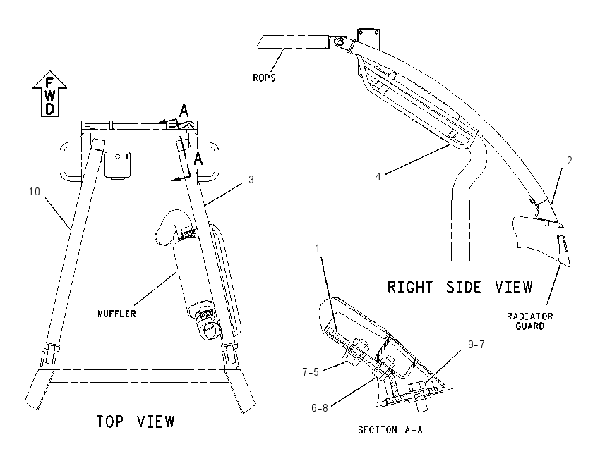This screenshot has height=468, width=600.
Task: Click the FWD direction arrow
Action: click(49, 94)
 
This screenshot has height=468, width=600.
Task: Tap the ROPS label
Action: click(264, 78)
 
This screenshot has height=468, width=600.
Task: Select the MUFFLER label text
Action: click(116, 314)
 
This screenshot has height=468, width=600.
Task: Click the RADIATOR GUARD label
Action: click(530, 321)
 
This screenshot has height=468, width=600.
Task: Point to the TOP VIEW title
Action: click(135, 421)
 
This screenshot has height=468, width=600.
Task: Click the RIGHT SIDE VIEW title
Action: click(460, 287)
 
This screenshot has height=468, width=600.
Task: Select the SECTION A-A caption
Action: click(390, 430)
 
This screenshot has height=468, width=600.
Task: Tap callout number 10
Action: click(34, 192)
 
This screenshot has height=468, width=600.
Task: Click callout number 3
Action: click(251, 180)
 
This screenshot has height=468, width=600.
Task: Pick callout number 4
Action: click(378, 177)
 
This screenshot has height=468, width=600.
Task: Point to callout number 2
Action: click(570, 161)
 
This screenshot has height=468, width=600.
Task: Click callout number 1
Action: click(317, 248)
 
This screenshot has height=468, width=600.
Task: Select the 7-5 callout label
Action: click(311, 372)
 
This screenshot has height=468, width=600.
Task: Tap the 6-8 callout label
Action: click(320, 408)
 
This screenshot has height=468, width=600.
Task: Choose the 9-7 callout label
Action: click(476, 345)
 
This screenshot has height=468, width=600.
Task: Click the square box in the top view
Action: click(118, 165)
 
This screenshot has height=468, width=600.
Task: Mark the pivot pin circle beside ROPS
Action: click(339, 42)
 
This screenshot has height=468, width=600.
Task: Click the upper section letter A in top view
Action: click(184, 111)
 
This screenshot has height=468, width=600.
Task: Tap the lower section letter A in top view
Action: click(198, 159)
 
